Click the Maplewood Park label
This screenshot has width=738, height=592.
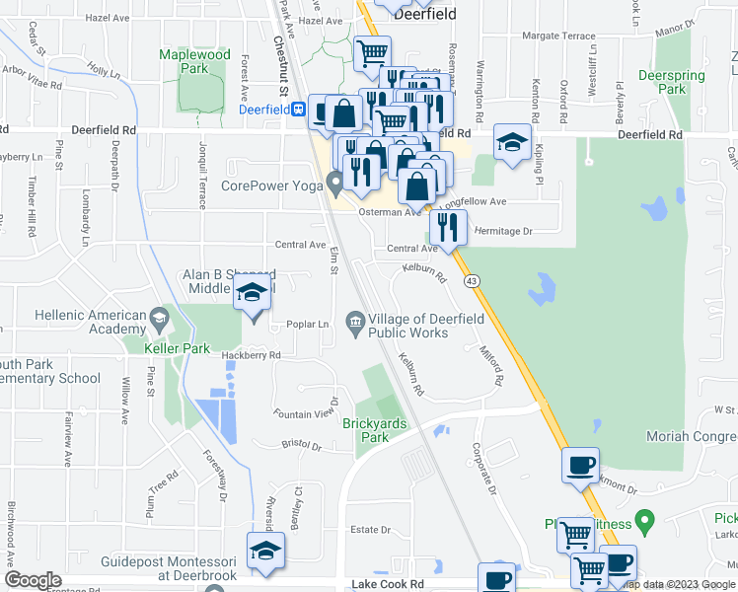(194, 61)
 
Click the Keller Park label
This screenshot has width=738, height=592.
(177, 348)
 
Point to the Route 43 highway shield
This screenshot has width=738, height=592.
(474, 281)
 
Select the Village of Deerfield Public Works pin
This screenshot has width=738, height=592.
(355, 321)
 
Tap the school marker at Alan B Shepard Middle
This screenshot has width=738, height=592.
(252, 292)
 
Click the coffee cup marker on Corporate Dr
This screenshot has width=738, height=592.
(580, 465)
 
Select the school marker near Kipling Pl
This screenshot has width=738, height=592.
(512, 142)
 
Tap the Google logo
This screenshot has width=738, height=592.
(33, 579)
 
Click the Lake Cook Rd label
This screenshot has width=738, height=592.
(387, 584)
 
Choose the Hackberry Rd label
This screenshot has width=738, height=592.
(251, 355)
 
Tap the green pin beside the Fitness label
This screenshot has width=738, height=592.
(644, 517)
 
